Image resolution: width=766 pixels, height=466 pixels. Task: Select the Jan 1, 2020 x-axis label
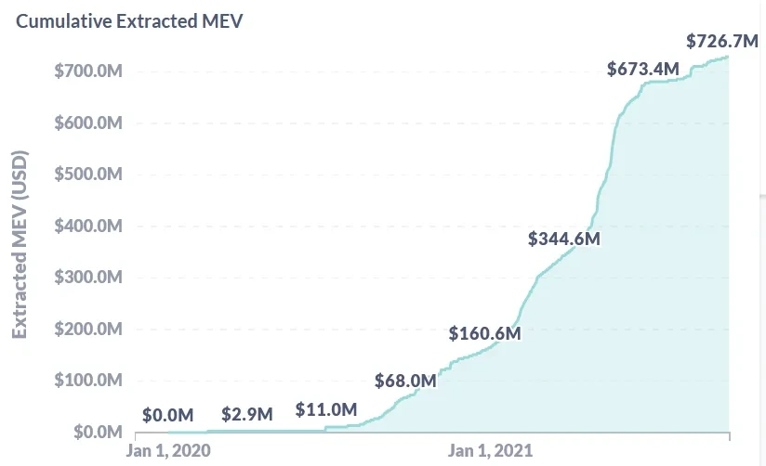[x=168, y=450]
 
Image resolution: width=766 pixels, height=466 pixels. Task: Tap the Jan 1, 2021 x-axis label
[x=490, y=450]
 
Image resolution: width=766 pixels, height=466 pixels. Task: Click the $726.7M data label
[x=722, y=42]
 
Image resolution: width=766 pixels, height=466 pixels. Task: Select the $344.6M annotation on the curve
[x=564, y=239]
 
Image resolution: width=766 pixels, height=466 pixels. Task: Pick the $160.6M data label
[x=484, y=333]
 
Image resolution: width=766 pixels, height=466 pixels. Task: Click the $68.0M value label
[x=405, y=381]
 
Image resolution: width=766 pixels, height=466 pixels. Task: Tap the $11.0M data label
[x=326, y=409]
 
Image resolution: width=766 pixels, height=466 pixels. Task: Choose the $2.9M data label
[x=247, y=414]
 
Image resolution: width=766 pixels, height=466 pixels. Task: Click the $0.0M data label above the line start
[x=168, y=415]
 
